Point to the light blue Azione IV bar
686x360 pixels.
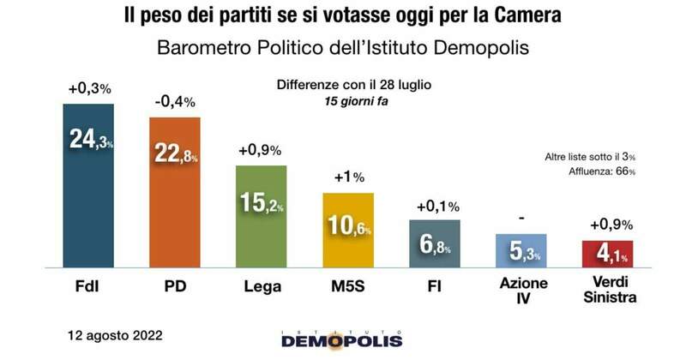pos(521,250)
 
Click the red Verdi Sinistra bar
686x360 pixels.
pos(607,254)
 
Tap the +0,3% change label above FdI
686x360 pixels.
pos(89,88)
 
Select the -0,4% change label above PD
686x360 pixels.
pos(175,102)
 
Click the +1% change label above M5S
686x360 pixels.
pos(348,178)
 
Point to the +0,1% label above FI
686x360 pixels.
pos(435,206)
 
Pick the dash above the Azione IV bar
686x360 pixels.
pos(521,219)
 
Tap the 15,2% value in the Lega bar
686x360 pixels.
pos(262,203)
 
